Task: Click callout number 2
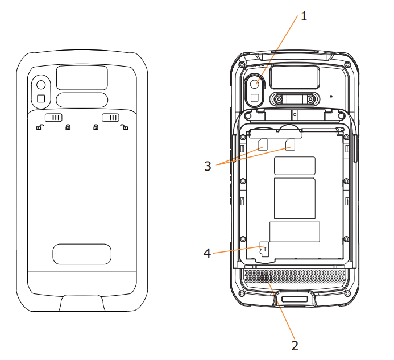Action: (x=295, y=345)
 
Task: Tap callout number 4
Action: (x=208, y=253)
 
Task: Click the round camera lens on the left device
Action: (x=41, y=85)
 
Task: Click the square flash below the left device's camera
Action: (x=41, y=99)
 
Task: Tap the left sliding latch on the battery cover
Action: (x=53, y=117)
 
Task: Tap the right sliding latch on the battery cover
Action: (x=110, y=117)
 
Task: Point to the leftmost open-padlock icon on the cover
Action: (x=39, y=128)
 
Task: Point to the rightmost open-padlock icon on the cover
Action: (x=124, y=128)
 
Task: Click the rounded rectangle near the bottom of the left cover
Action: (x=82, y=254)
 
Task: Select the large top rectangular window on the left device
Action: (x=82, y=77)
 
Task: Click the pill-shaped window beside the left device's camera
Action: (x=82, y=100)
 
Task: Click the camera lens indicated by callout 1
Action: (x=256, y=84)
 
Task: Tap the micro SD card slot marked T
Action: (x=265, y=249)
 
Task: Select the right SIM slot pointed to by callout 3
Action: (x=291, y=145)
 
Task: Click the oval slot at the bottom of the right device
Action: (x=295, y=300)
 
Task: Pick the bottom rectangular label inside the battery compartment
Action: (x=295, y=232)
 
